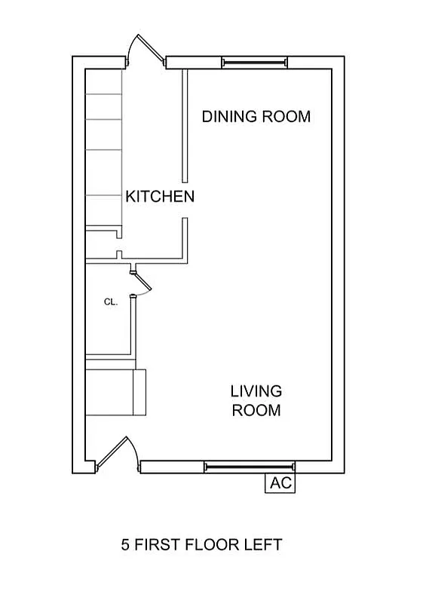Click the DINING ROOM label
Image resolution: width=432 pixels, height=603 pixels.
[256, 117]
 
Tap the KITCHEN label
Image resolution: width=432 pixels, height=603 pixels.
[160, 197]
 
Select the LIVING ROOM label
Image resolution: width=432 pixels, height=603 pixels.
[256, 400]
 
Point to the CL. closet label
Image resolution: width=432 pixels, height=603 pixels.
[111, 301]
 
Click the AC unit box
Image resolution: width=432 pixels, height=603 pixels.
[280, 483]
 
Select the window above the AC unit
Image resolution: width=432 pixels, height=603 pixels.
[250, 467]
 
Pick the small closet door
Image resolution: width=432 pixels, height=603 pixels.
[142, 283]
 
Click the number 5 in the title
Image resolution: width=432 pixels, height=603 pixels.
[125, 543]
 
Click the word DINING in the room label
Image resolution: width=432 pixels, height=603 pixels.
[229, 117]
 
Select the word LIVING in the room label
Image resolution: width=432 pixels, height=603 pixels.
[256, 391]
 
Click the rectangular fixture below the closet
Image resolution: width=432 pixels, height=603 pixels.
[116, 392]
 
